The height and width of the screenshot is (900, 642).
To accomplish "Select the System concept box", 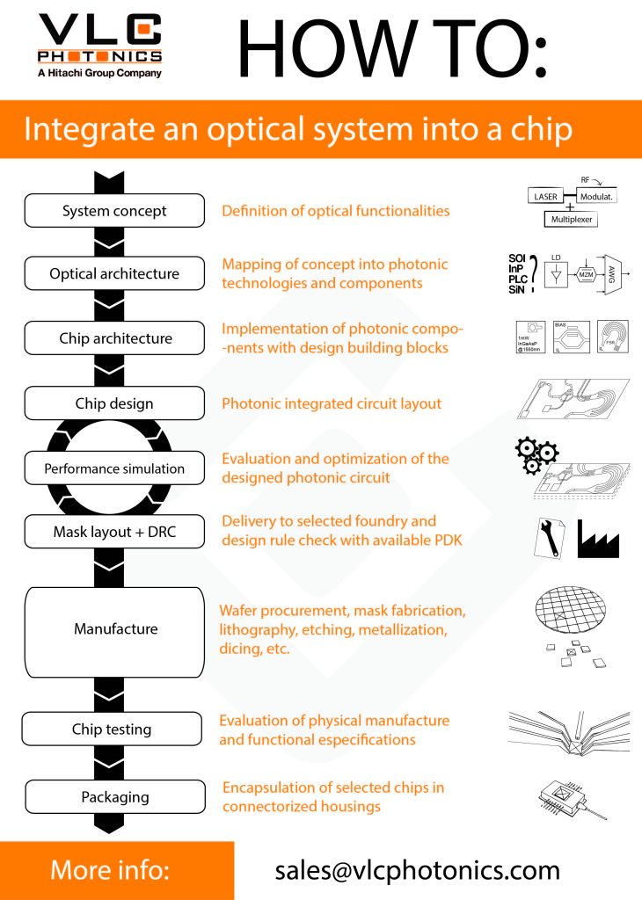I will click(x=114, y=211).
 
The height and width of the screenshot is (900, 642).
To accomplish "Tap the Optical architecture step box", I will click(x=114, y=273).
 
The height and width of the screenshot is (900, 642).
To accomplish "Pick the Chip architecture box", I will click(x=114, y=338).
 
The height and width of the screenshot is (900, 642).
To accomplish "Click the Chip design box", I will click(x=114, y=403).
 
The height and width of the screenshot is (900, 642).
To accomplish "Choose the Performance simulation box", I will click(x=114, y=468).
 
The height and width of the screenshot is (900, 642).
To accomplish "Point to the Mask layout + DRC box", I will click(x=114, y=532).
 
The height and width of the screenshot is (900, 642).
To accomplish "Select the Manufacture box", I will click(x=115, y=629).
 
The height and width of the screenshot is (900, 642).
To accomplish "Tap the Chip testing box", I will click(x=112, y=729).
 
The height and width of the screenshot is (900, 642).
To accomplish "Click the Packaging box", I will click(x=115, y=797).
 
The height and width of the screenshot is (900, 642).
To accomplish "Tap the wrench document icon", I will click(x=550, y=537).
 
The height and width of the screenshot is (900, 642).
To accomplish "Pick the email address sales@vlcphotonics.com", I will click(x=417, y=870).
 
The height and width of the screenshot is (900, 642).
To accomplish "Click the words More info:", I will click(x=110, y=870).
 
